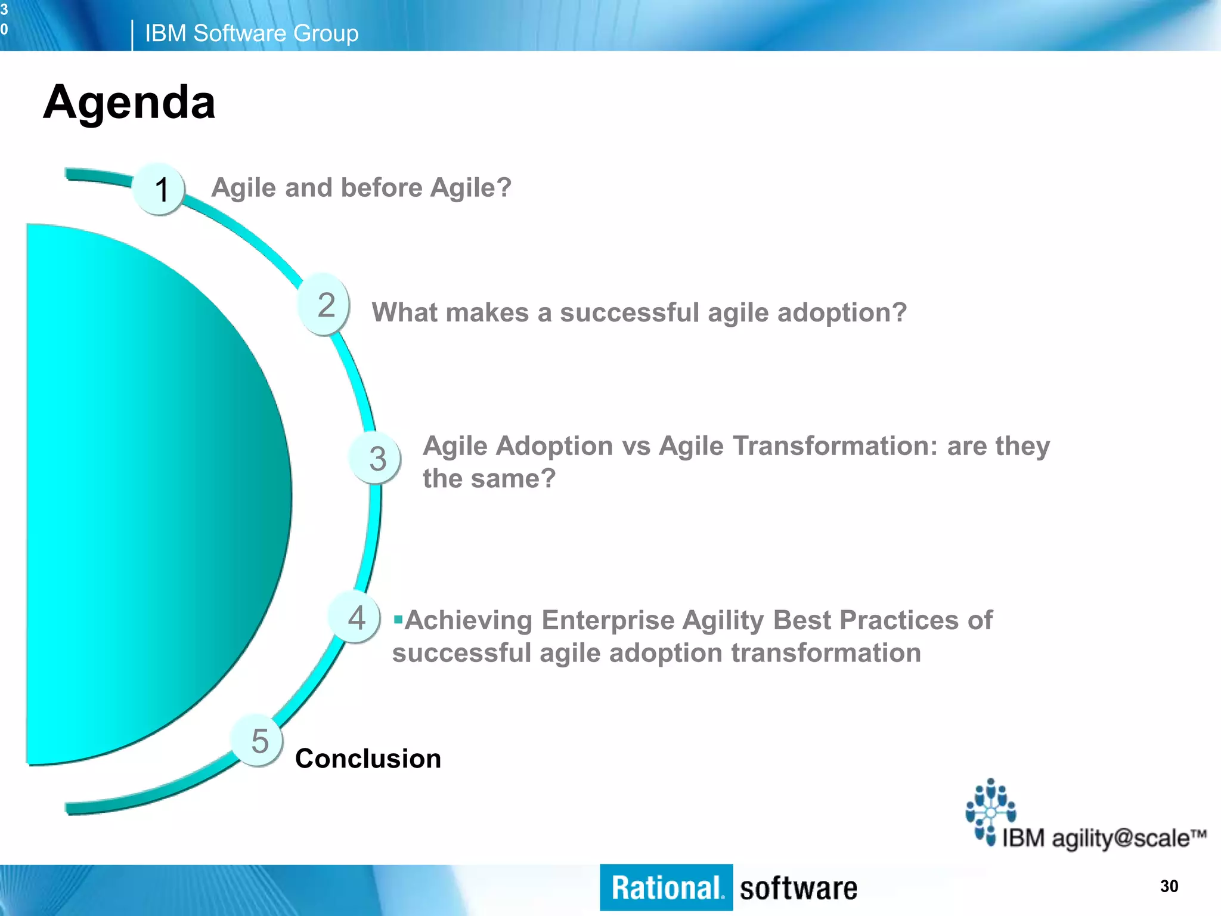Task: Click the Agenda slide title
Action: click(129, 103)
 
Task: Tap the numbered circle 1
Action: click(160, 190)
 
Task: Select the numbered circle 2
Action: click(324, 305)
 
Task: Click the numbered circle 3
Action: click(376, 458)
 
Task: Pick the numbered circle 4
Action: click(355, 618)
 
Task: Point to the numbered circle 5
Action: click(258, 741)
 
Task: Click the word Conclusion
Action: click(368, 759)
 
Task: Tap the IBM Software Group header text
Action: click(251, 33)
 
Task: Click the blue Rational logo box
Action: click(666, 888)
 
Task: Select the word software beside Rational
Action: click(798, 889)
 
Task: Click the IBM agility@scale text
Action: click(1103, 838)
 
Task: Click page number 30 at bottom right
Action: click(1169, 886)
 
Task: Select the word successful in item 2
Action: click(629, 312)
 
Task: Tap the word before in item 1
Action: click(374, 188)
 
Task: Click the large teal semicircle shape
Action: click(143, 495)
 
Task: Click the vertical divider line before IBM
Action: click(132, 35)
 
